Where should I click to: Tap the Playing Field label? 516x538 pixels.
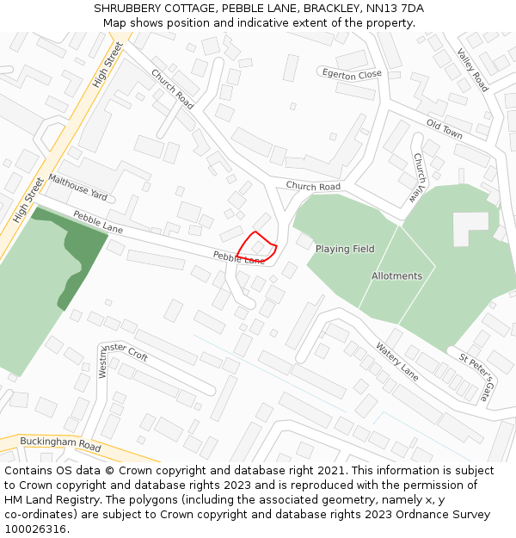click(344, 249)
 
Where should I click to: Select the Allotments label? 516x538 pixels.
click(396, 275)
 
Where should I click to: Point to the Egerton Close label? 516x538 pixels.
click(352, 75)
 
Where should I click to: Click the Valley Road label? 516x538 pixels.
click(473, 70)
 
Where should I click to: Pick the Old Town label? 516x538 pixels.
click(445, 130)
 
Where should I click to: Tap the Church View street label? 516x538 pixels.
click(418, 178)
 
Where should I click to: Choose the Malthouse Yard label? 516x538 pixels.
click(77, 183)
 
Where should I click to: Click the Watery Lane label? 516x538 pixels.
click(396, 361)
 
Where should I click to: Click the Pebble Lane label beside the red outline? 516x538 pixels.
click(238, 257)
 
